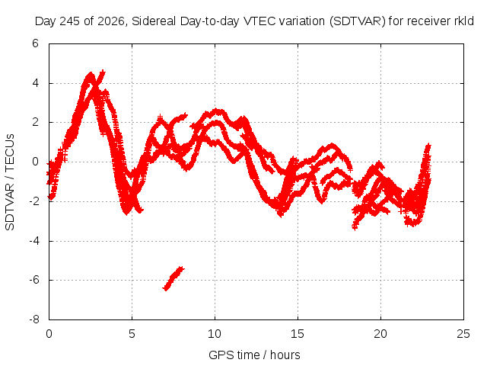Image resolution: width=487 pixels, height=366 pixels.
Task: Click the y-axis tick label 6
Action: click(x=35, y=43)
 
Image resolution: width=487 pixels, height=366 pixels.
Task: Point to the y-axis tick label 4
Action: click(x=35, y=83)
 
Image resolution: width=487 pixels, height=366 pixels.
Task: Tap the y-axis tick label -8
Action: click(x=33, y=319)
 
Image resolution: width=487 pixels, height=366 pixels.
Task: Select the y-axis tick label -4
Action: click(x=33, y=241)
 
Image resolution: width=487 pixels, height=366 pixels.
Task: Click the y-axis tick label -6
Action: click(x=33, y=280)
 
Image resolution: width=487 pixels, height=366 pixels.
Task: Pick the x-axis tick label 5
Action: click(x=132, y=334)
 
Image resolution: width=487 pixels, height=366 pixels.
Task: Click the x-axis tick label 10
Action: click(x=215, y=334)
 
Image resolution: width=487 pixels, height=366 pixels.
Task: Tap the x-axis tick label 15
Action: click(x=298, y=334)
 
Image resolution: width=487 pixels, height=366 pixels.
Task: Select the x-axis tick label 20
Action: click(x=380, y=334)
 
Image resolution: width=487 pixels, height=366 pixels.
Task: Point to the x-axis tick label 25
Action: click(x=463, y=334)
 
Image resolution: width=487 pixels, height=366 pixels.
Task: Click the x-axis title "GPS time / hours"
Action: click(x=254, y=355)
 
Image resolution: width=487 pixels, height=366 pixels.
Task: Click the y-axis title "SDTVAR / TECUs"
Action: click(x=10, y=182)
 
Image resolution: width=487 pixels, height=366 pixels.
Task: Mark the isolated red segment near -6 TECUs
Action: click(x=173, y=278)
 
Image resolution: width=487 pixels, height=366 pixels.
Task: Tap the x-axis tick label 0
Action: click(x=49, y=334)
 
